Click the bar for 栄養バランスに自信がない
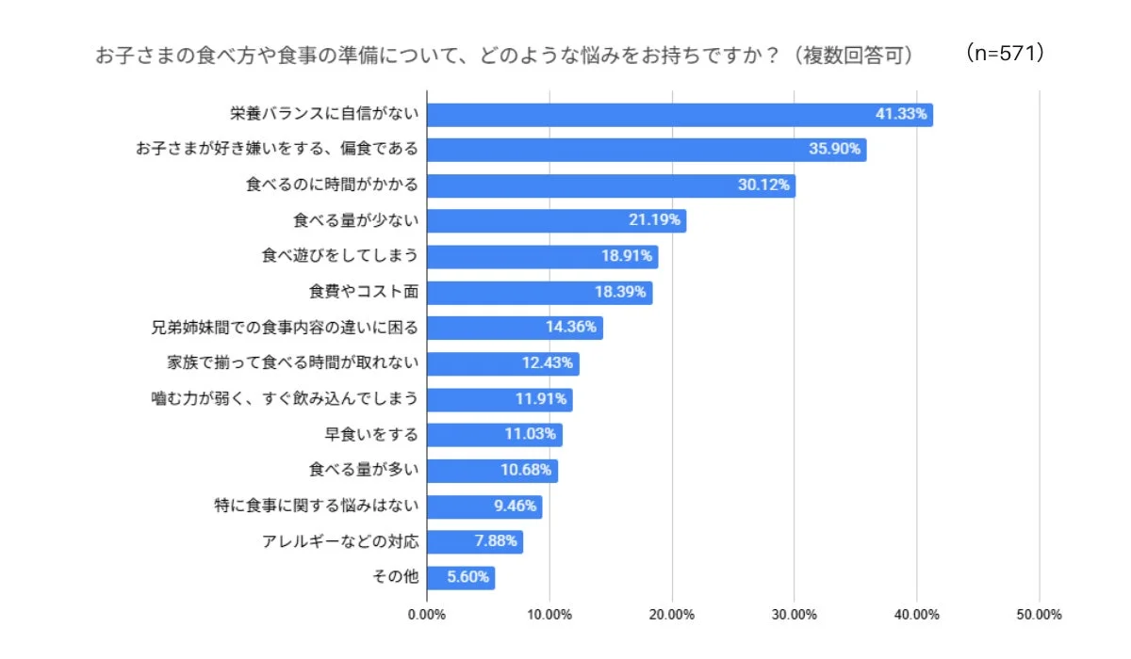tap(679, 115)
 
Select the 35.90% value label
tap(835, 150)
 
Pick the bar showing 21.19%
tap(556, 221)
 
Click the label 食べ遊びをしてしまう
tap(339, 256)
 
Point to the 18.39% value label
tap(620, 292)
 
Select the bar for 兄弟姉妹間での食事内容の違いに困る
tap(515, 328)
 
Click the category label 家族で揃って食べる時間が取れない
tap(291, 362)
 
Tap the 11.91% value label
tap(541, 398)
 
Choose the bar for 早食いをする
tap(494, 434)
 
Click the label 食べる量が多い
tap(363, 469)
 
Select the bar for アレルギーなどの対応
tap(474, 541)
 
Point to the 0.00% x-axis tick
tap(427, 615)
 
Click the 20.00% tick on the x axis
tap(671, 615)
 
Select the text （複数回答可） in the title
tap(853, 56)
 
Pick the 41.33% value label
tap(902, 115)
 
